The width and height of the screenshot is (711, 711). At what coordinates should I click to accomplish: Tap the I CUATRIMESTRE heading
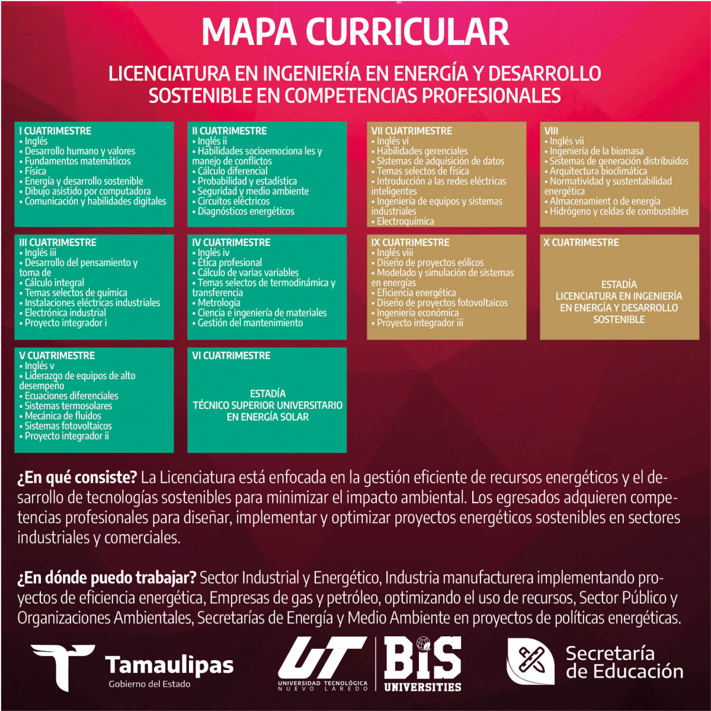[x=55, y=131]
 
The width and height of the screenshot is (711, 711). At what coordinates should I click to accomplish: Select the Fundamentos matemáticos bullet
[x=77, y=161]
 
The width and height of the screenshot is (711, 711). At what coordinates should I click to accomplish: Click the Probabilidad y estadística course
[x=247, y=181]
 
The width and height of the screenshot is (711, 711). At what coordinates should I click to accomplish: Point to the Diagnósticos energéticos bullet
[x=245, y=212]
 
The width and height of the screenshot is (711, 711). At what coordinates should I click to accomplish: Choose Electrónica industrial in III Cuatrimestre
[x=65, y=313]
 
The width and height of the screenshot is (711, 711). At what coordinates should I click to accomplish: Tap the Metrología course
[x=219, y=303]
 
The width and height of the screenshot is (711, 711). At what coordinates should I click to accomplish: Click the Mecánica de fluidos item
[x=63, y=416]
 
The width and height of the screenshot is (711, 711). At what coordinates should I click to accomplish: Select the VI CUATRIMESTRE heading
[x=231, y=355]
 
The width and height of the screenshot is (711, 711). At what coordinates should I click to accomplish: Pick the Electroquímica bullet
[x=405, y=222]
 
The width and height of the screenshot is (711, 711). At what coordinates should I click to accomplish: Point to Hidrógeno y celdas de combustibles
[x=619, y=212]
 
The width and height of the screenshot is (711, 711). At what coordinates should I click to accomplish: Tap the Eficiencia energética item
[x=416, y=293]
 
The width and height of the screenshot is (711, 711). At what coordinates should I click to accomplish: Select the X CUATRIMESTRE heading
[x=581, y=242]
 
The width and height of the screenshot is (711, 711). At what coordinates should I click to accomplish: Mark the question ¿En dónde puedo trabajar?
[x=107, y=578]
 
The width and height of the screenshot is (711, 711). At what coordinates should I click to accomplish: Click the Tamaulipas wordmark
[x=169, y=665]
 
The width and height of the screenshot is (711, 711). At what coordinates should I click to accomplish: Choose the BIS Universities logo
[x=422, y=664]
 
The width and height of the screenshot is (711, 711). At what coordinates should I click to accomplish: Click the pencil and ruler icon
[x=530, y=661]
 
